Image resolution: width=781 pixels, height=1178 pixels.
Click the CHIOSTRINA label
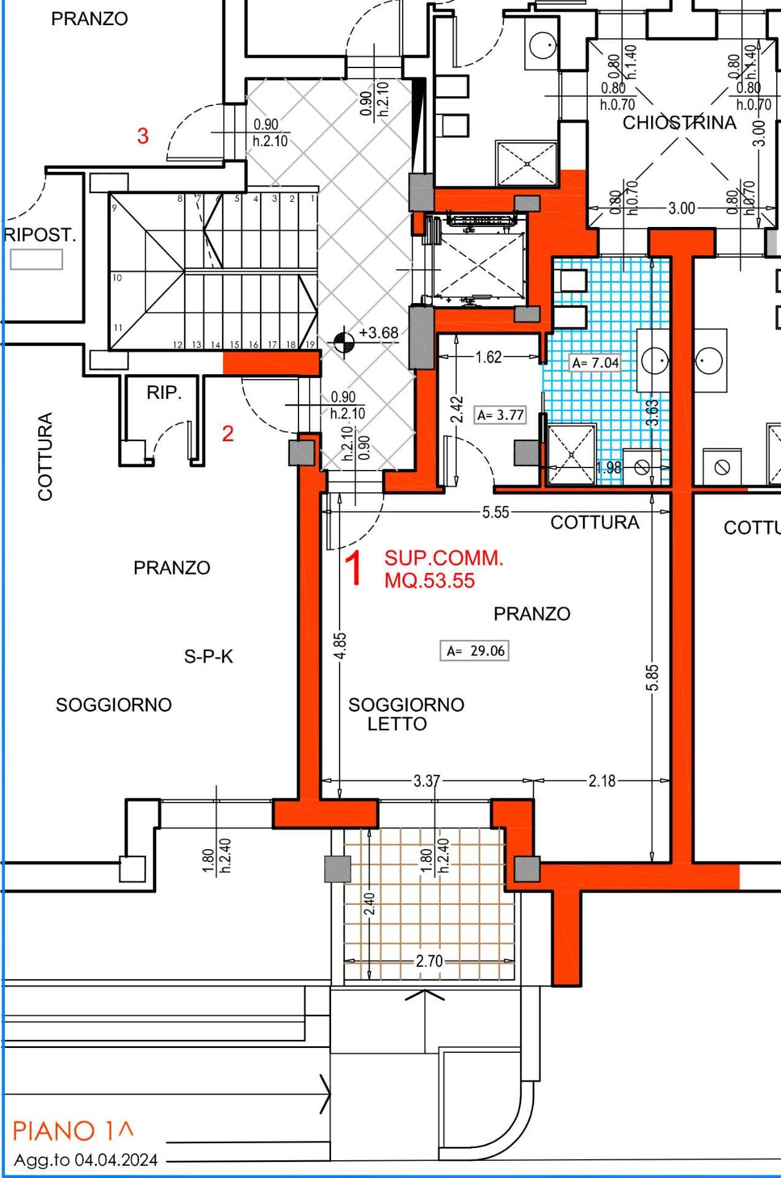coord(679,123)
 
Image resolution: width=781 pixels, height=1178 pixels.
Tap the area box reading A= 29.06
coord(474,650)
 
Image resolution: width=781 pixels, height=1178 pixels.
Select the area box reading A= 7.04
coord(595,363)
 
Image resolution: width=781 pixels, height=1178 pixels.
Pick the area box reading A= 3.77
coord(501,415)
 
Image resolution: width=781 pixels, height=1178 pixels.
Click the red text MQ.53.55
coord(430,580)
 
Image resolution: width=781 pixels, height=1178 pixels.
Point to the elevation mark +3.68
coord(378,333)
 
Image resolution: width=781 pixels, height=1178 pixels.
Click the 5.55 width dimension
coord(495,512)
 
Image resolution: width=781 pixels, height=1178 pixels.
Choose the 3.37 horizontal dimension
coord(426,780)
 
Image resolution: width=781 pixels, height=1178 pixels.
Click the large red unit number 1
coord(356,569)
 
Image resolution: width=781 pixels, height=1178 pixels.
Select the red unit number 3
coord(143,136)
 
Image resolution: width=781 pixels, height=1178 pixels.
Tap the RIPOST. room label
coord(40,235)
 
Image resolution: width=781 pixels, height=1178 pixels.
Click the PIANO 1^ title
coord(73,1130)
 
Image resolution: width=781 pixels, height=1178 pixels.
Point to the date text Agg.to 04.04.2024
coord(86,1160)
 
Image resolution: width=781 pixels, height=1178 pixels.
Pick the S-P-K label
coord(208,656)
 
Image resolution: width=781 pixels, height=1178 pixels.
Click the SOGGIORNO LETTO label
coord(406,714)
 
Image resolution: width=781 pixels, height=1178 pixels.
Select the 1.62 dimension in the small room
coord(489,356)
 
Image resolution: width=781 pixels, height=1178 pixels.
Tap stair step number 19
coord(310,344)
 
